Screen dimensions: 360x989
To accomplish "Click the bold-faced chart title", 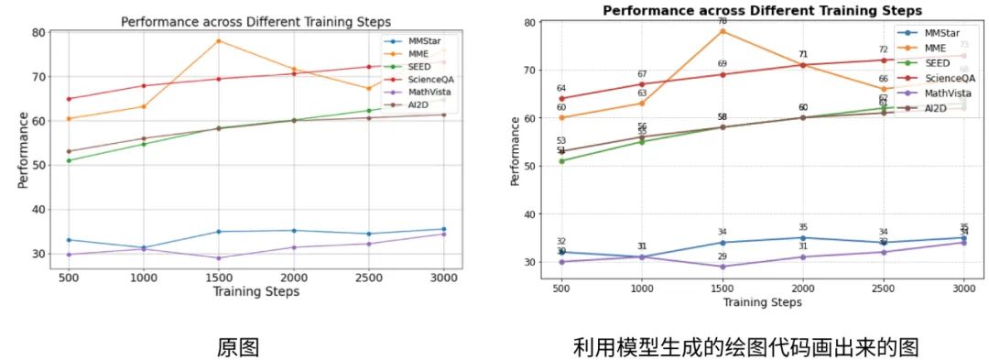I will tap(762, 10).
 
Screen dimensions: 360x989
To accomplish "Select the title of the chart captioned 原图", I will tap(255, 21).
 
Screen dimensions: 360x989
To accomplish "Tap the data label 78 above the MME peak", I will tap(723, 20).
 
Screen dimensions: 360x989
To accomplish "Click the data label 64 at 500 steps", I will tap(561, 88).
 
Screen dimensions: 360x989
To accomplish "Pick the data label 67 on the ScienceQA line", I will tap(642, 74).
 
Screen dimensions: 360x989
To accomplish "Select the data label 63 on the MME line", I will tap(642, 93).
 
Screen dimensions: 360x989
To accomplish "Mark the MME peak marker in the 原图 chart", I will tap(218, 41).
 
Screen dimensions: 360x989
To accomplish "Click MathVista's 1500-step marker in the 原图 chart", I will tap(218, 258).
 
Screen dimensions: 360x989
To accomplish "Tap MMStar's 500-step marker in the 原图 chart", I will tap(69, 240).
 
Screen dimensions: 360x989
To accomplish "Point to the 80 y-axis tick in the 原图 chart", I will tap(38, 32).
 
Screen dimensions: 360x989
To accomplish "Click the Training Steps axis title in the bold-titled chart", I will tap(762, 301).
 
